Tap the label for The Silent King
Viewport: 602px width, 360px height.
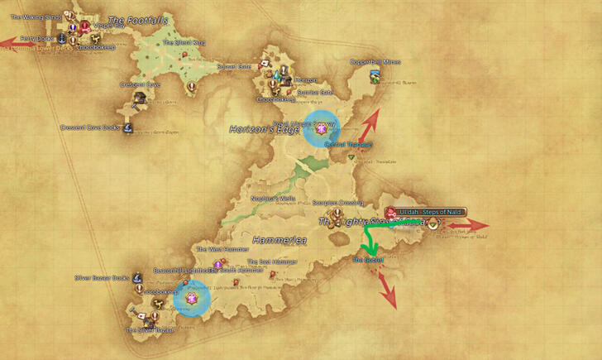click(x=183, y=42)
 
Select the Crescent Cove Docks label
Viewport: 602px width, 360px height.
click(x=90, y=127)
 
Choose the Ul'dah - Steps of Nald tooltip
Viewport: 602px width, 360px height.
click(x=429, y=212)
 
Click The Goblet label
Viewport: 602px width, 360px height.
click(x=368, y=260)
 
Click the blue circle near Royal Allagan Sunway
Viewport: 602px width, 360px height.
click(x=321, y=129)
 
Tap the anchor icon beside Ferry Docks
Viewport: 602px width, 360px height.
click(x=60, y=39)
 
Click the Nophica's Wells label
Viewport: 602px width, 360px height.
click(x=273, y=199)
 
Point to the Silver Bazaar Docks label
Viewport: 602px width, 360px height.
click(x=102, y=278)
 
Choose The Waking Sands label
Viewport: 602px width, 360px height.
click(x=37, y=16)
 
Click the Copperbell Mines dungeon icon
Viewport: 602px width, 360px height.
click(x=375, y=77)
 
